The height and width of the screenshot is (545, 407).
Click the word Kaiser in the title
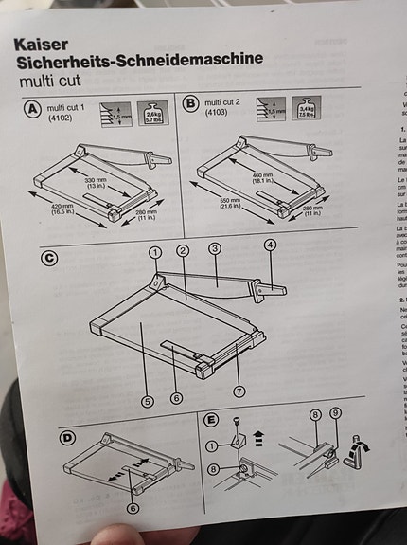(x=41, y=44)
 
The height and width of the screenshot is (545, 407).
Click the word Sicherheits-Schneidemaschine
(x=139, y=61)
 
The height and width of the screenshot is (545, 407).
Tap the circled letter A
(x=31, y=109)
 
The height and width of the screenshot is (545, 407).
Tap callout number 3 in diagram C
(x=215, y=248)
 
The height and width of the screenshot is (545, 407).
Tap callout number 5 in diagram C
(x=148, y=401)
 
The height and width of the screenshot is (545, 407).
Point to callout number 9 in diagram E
(x=336, y=413)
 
